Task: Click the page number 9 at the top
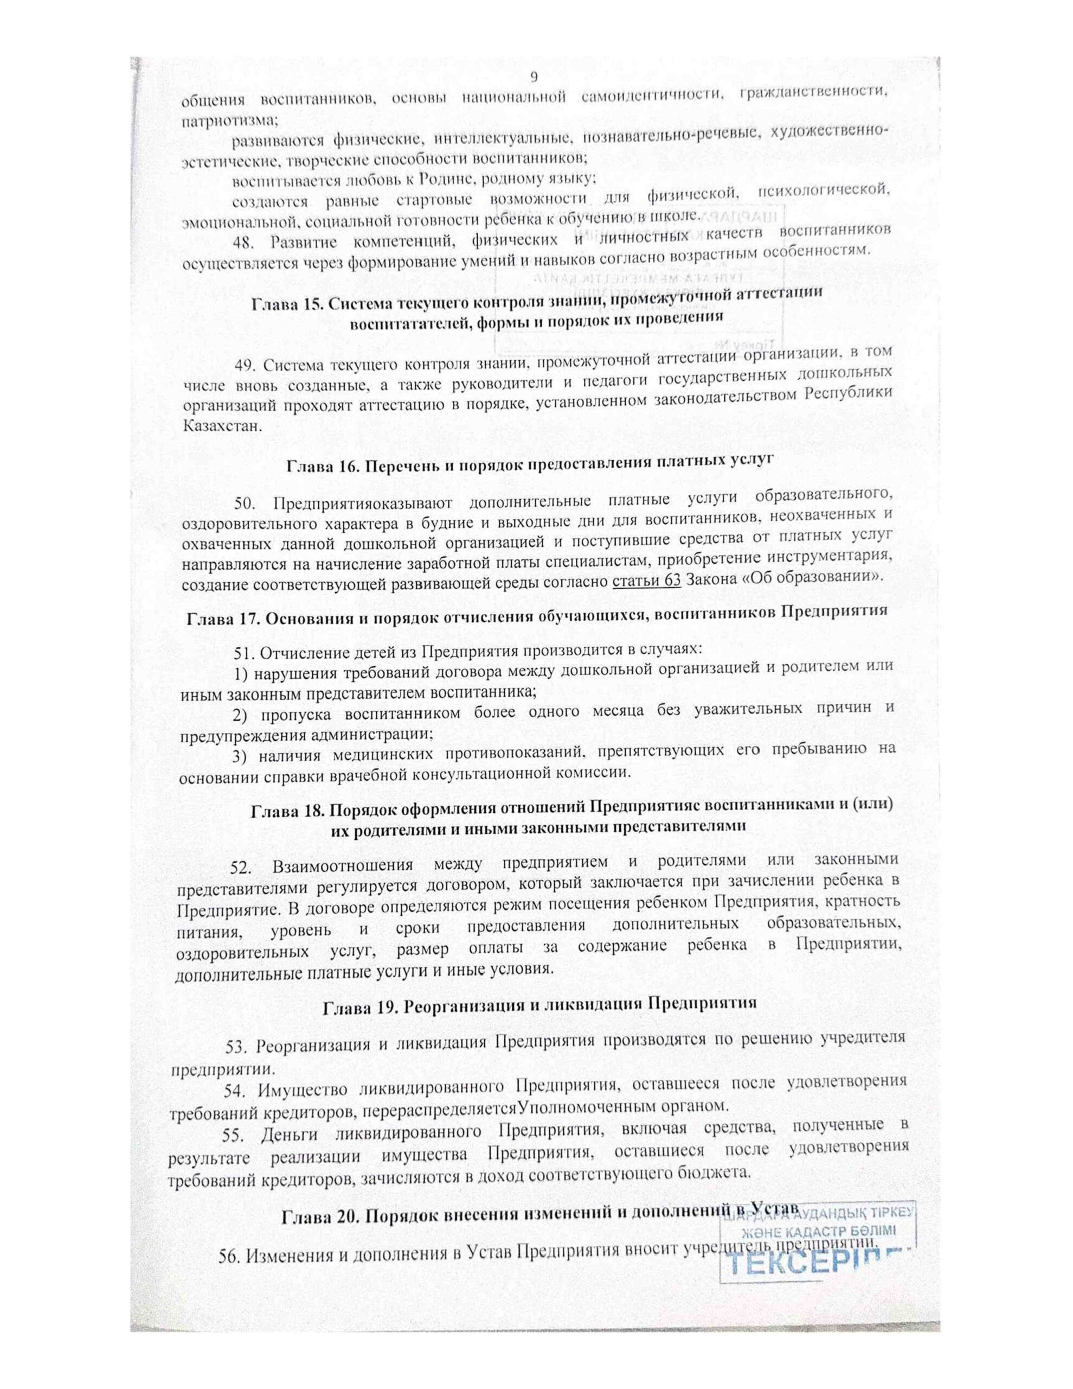pyautogui.click(x=534, y=77)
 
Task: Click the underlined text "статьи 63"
pyautogui.click(x=646, y=580)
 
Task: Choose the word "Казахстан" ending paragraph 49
pyautogui.click(x=221, y=425)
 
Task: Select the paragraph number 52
pyautogui.click(x=242, y=868)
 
